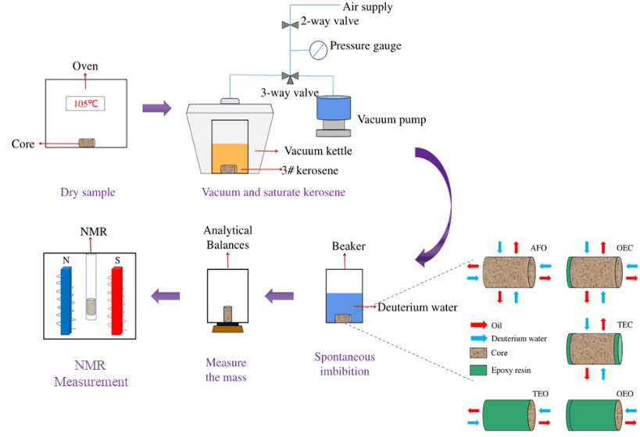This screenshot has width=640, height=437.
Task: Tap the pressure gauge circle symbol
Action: (317, 48)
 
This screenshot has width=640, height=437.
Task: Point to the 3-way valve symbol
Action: (291, 76)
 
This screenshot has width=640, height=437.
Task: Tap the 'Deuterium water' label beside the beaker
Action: (417, 307)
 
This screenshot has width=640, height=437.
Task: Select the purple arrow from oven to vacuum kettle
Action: (156, 107)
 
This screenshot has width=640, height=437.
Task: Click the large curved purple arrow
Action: (442, 201)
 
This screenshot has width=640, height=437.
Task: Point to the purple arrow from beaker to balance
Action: (280, 296)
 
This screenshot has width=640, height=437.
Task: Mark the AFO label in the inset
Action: (538, 248)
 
